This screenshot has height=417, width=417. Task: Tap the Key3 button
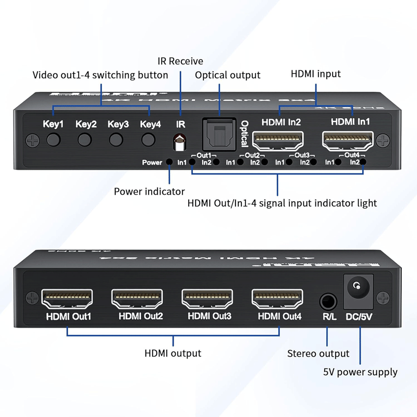[117, 140]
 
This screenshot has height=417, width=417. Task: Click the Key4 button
[149, 140]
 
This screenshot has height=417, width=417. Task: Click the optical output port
[219, 136]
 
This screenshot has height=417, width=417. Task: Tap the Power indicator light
[169, 162]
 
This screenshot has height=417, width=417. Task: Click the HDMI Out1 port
[67, 299]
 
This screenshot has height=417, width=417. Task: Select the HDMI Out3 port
[207, 299]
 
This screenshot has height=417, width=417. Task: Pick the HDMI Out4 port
[277, 299]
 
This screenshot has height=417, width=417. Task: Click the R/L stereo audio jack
[328, 301]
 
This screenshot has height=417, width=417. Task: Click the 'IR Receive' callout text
[180, 62]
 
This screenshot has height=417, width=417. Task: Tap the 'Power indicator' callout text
[149, 191]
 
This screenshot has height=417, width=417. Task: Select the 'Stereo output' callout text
[318, 354]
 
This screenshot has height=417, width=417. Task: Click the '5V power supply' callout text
[360, 372]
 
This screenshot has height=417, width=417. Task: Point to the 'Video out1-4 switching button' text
[100, 75]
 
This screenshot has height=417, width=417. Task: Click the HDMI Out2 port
[137, 299]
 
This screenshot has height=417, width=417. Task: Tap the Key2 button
[85, 140]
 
